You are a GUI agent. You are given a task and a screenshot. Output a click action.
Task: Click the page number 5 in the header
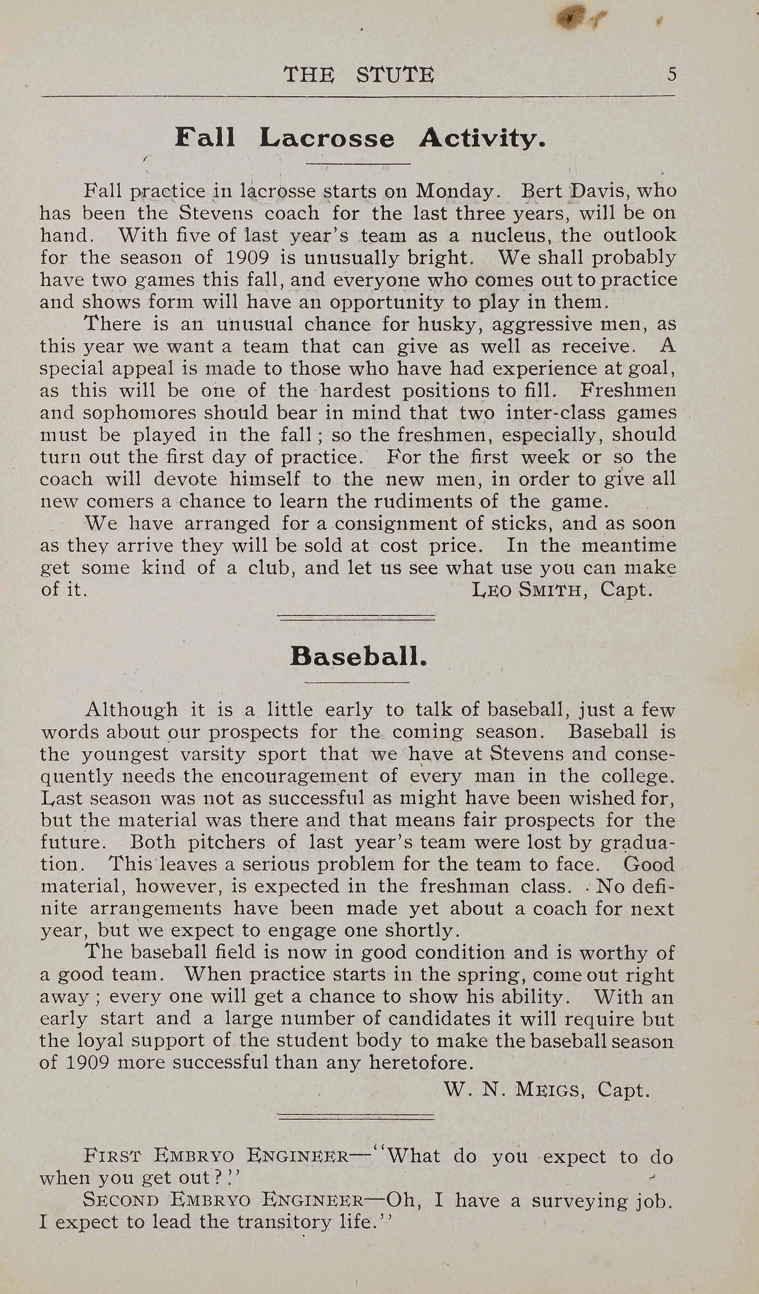(x=672, y=74)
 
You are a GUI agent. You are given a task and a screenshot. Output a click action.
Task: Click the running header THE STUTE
(x=359, y=74)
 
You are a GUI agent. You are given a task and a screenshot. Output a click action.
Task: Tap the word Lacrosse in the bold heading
(x=327, y=138)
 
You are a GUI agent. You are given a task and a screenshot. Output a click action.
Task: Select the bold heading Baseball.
(x=358, y=656)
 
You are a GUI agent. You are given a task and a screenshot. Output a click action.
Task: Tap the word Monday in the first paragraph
(x=456, y=191)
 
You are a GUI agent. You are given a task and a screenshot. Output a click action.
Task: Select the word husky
(x=447, y=324)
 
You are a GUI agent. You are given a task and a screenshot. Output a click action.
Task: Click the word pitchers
(x=226, y=842)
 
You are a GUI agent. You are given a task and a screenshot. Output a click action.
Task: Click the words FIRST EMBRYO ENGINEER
(x=216, y=1156)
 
